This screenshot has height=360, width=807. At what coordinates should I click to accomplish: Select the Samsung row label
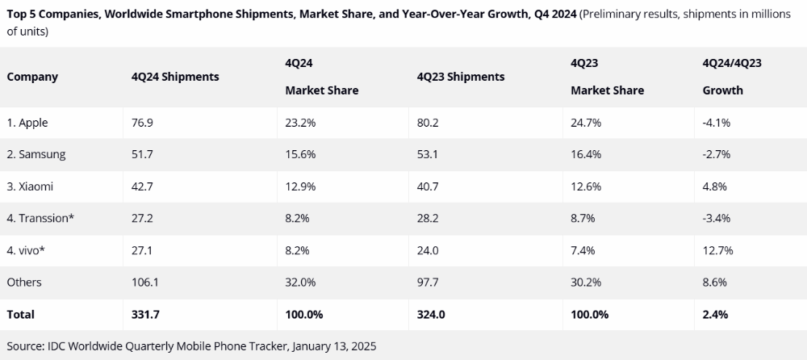tap(36, 154)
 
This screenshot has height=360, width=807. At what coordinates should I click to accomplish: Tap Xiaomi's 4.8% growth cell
tap(715, 186)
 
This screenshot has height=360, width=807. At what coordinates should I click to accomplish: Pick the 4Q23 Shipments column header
tap(461, 77)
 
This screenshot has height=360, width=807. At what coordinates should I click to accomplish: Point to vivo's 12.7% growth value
tap(718, 250)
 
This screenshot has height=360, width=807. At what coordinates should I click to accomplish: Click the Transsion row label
tap(41, 218)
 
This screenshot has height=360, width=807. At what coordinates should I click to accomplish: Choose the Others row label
tap(24, 282)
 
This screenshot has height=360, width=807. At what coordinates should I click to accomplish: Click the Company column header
tap(32, 77)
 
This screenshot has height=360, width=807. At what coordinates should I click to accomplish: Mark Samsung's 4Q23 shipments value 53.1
tap(428, 154)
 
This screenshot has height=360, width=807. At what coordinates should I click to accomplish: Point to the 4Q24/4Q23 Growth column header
tap(733, 77)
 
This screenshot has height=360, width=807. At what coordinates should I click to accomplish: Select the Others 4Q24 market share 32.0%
tap(301, 282)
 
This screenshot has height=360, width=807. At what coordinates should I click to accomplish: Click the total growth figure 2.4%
tap(716, 314)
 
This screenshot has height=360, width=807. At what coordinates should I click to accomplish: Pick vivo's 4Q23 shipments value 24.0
tap(429, 250)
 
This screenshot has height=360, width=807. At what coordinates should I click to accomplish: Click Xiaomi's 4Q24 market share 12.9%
tap(301, 186)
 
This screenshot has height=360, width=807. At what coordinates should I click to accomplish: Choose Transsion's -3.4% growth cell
tap(717, 218)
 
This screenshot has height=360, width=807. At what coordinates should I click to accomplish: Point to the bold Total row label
tap(21, 314)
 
